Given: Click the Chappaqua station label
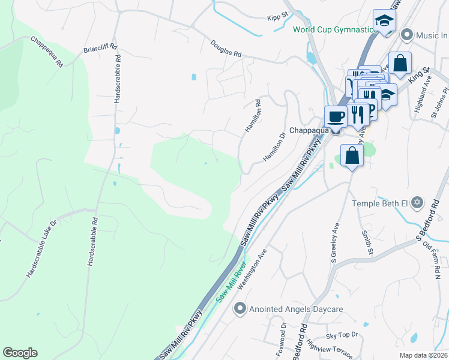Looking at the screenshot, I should coord(309,130).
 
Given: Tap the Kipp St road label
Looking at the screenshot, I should coord(279,18).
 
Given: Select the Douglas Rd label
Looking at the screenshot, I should coord(226,49).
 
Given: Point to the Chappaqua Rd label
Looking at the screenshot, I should coord(47,51).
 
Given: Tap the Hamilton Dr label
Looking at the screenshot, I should coord(273,148).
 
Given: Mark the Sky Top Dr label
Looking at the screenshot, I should coord(342,334).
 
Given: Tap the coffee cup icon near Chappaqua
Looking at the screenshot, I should coord(336,116).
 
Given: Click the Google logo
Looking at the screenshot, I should coord(20,353).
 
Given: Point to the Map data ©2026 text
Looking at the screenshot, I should coord(423,355).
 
